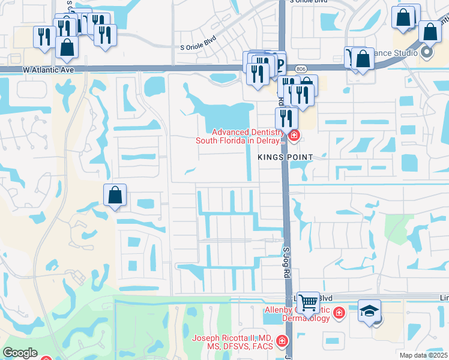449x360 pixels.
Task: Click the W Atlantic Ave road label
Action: tap(48, 70)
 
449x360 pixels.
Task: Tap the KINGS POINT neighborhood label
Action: tap(286, 157)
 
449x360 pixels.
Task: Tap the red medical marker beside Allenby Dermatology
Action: tap(339, 313)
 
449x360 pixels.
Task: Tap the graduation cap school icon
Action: tap(370, 310)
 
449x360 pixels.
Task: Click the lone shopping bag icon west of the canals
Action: tap(115, 194)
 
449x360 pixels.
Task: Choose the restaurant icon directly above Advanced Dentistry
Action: tap(286, 117)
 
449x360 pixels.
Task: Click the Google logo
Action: tap(20, 353)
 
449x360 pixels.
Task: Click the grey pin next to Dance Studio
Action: tap(427, 52)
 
